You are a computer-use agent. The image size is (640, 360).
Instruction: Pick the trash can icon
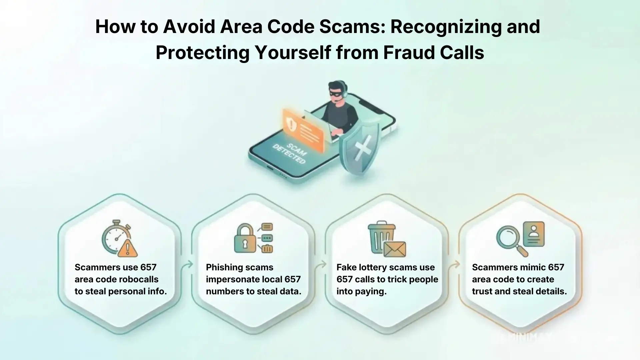pos(381,237)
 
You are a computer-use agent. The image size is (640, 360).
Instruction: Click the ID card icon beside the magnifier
pos(534,234)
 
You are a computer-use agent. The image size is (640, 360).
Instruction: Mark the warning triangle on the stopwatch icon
pos(128,249)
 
